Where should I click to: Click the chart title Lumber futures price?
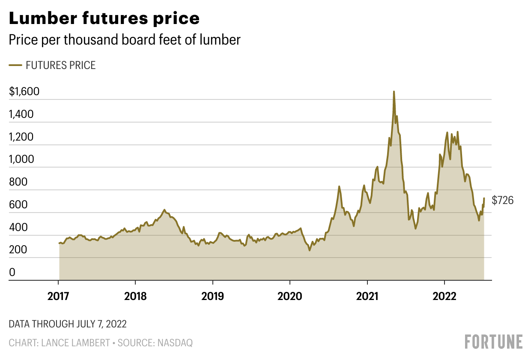click(104, 18)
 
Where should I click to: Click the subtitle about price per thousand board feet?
click(125, 40)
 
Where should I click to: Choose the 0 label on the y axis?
click(12, 273)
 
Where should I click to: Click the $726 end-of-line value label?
click(502, 200)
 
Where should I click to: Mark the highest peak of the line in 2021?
click(394, 92)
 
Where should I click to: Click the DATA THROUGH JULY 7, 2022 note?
click(68, 324)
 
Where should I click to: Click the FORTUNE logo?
click(494, 342)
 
